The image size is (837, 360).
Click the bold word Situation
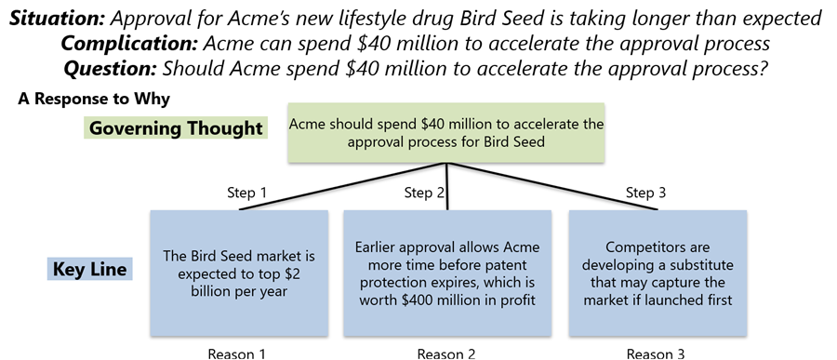click(x=57, y=20)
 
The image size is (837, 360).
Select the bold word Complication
click(x=129, y=44)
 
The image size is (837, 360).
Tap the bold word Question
click(x=110, y=68)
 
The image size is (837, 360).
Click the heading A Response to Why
click(x=93, y=99)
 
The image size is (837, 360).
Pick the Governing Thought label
click(x=176, y=128)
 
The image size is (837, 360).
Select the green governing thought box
click(x=446, y=133)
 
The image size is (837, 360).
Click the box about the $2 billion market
click(x=239, y=273)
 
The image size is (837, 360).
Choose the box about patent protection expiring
click(x=446, y=273)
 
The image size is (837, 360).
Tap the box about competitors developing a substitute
click(x=658, y=273)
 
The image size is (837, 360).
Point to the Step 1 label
click(x=246, y=193)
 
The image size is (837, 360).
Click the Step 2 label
click(x=424, y=193)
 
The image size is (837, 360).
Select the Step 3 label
click(x=646, y=193)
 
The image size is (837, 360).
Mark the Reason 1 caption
click(x=236, y=353)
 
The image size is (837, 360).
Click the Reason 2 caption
click(x=446, y=353)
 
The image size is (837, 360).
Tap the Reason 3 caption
click(x=656, y=353)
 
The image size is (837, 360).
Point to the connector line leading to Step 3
click(x=552, y=186)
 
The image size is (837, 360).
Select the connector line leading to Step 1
click(x=342, y=186)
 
